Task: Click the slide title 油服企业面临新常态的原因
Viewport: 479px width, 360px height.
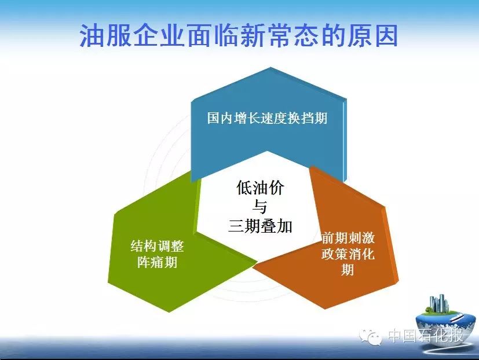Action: coord(239,36)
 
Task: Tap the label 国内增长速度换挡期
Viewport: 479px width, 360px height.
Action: coord(267,118)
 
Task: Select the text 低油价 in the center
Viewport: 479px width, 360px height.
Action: coord(260,188)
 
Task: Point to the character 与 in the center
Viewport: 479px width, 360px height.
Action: coord(259,207)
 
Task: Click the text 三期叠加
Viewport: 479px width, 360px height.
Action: coord(260,226)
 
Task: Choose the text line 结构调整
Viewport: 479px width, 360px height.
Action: coord(158,246)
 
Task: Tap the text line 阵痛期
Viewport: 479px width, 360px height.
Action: coord(158,262)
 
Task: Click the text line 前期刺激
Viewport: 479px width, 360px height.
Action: coord(348,238)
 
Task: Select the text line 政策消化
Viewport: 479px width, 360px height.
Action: coord(348,254)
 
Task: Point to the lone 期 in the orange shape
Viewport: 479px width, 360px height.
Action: coord(348,269)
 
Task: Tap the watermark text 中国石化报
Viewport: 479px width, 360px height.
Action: coord(426,336)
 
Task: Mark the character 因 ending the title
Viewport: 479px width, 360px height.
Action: coord(386,36)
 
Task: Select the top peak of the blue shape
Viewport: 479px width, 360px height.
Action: coord(270,68)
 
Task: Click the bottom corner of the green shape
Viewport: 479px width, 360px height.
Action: coord(170,311)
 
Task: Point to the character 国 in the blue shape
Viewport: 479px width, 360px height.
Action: coord(214,118)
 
